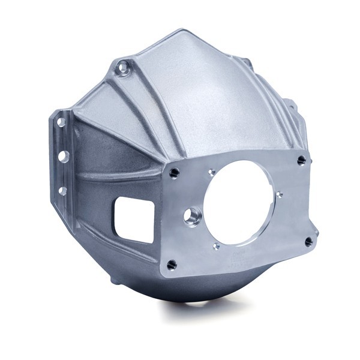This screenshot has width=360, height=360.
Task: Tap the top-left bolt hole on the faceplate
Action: pos(174,173)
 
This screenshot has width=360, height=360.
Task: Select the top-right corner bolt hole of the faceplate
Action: pos(302,160)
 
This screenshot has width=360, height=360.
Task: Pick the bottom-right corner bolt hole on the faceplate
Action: pos(308,242)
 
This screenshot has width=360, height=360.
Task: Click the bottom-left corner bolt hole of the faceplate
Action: pos(173,263)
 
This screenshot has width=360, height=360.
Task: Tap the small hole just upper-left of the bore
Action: pos(211,173)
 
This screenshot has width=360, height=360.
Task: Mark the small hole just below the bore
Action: pos(217,245)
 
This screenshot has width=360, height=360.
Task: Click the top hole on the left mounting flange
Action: pos(61,122)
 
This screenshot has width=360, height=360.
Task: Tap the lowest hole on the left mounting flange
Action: pos(62,191)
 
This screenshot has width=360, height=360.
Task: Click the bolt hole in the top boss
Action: pos(124,67)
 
